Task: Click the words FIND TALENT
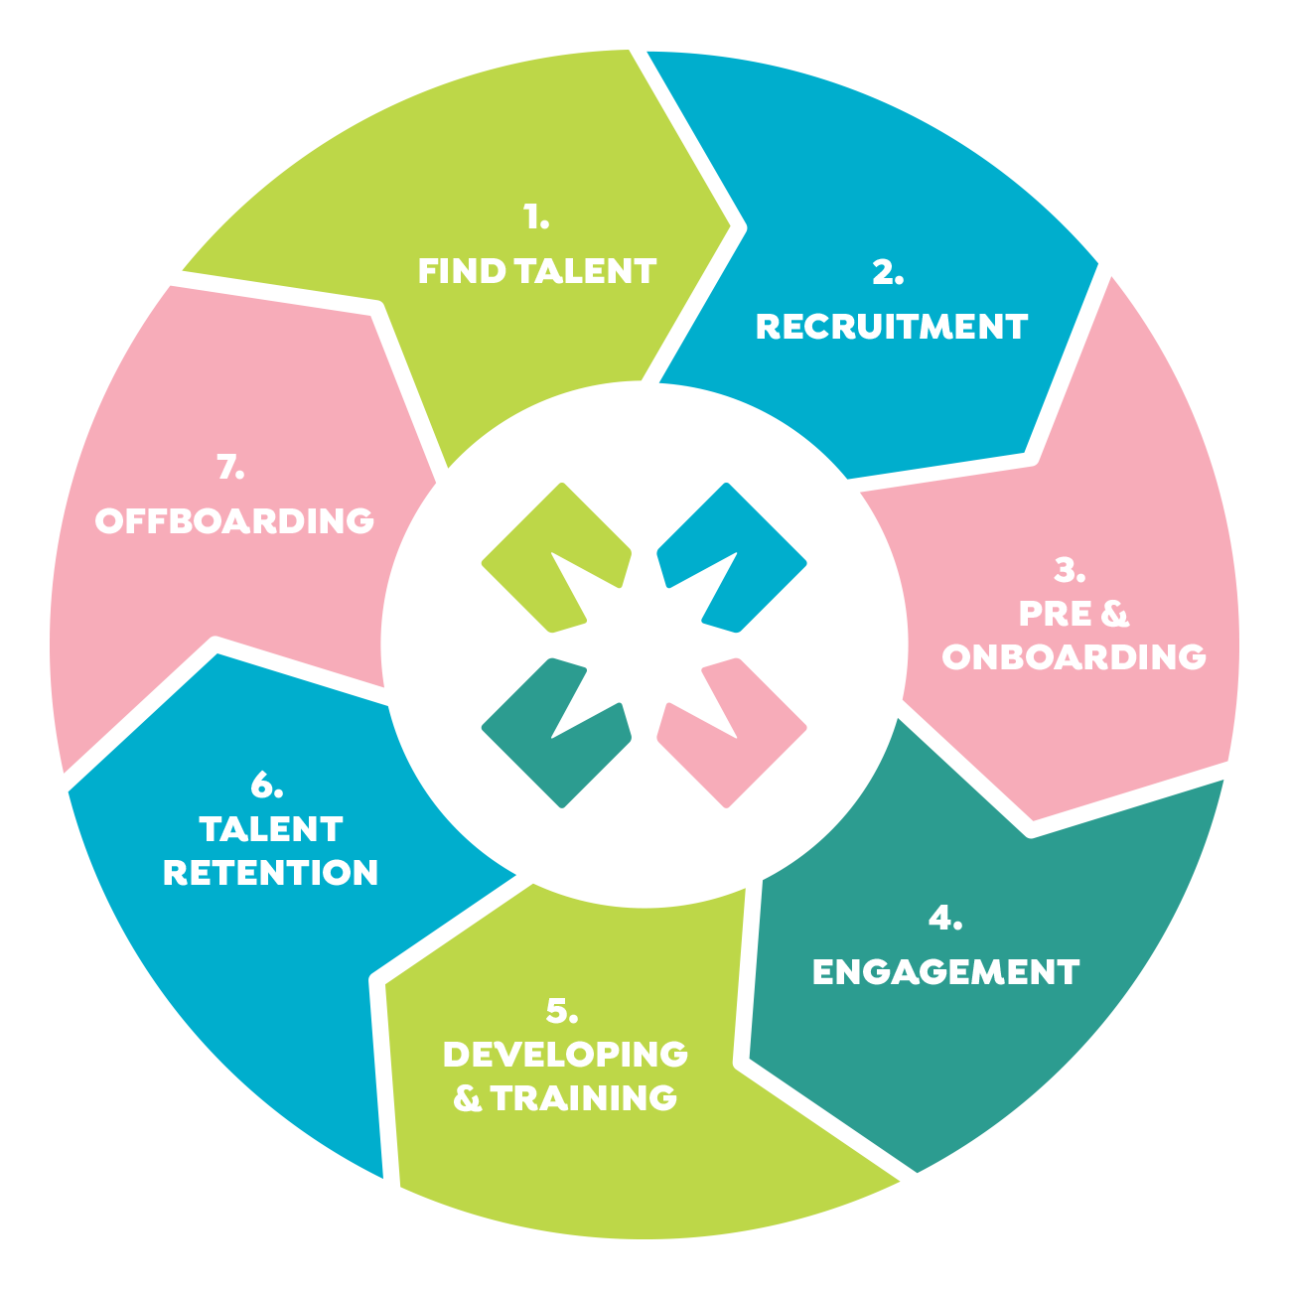coord(536,271)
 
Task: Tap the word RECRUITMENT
coord(891,327)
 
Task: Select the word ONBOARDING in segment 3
coord(1074,656)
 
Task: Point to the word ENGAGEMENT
coord(945,971)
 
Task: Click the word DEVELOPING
coord(565,1054)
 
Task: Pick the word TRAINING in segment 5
coord(584,1097)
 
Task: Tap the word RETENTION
coord(270,872)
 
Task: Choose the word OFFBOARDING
coord(234,520)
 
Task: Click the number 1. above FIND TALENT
coord(536,217)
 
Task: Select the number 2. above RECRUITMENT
coord(888,272)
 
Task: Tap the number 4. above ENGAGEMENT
coord(944,919)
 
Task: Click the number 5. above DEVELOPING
coord(561,1010)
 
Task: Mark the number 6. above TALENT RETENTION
coord(266,785)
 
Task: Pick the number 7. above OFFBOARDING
coord(230,467)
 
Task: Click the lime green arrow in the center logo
coord(541,556)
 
